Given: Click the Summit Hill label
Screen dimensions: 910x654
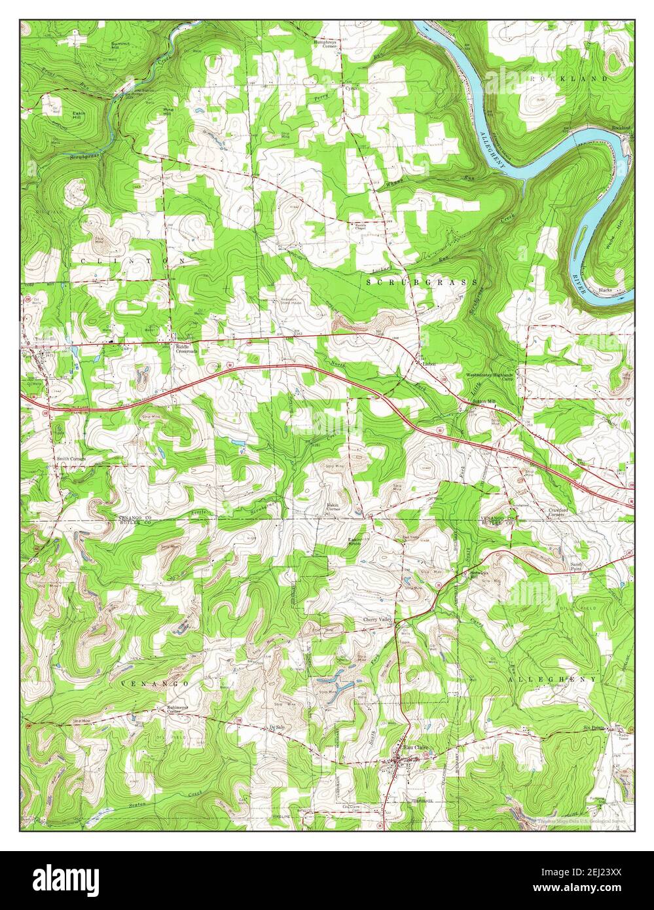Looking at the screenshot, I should tap(120, 45).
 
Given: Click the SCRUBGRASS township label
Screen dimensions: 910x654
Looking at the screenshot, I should tap(422, 282).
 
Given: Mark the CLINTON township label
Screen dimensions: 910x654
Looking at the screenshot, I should tap(134, 261).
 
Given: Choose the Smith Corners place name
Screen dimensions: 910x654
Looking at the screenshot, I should tap(71, 459).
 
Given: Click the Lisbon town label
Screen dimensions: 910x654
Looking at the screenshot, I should tap(429, 363).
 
